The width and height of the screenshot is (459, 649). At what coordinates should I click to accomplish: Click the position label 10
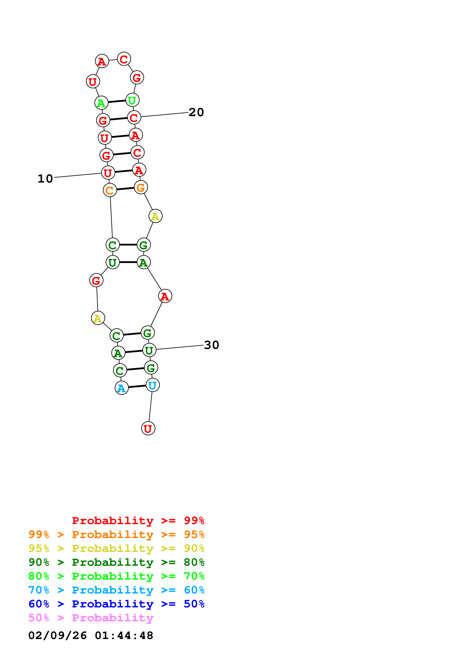point(45,179)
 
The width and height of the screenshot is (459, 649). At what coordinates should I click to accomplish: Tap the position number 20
point(196,112)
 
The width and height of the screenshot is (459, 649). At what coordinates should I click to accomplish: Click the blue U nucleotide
point(152,385)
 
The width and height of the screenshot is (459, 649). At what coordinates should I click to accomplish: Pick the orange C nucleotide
point(110,190)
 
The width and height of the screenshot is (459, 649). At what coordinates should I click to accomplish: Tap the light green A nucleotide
point(101,103)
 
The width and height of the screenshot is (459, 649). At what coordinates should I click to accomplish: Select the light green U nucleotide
point(132,100)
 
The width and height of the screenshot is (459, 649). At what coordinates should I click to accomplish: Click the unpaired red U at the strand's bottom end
point(148,428)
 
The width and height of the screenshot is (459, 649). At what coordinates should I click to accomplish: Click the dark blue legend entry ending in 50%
point(116,604)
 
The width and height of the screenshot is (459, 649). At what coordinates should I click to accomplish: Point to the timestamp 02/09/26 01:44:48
point(91,635)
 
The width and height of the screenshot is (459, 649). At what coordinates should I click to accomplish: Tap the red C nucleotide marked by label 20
point(134,118)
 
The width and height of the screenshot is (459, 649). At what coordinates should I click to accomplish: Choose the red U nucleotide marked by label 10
point(108,173)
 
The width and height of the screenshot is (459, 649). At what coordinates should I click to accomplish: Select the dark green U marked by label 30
point(149,350)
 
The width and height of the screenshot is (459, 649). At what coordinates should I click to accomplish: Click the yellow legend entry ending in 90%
point(116,548)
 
